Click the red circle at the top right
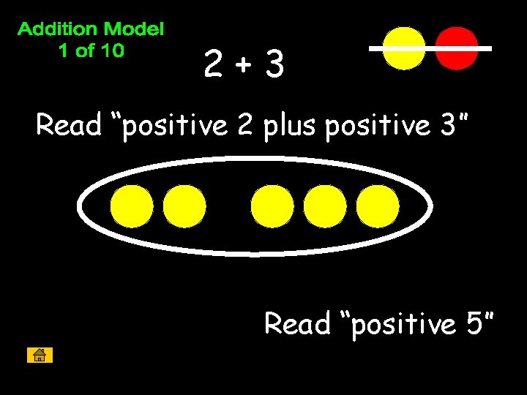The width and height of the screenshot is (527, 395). pyautogui.click(x=457, y=48)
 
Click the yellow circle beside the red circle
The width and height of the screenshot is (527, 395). pyautogui.click(x=404, y=48)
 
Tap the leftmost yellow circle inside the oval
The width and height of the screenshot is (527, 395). pyautogui.click(x=132, y=206)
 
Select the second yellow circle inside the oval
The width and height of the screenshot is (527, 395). pyautogui.click(x=184, y=206)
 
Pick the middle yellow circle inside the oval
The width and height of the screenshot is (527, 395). pyautogui.click(x=272, y=206)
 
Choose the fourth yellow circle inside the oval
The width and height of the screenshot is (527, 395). pyautogui.click(x=325, y=206)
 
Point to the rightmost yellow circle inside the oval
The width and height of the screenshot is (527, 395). pyautogui.click(x=378, y=206)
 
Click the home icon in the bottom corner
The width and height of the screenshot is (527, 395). pyautogui.click(x=40, y=355)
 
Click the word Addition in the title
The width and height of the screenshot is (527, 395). pyautogui.click(x=57, y=30)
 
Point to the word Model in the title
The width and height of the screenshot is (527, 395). pyautogui.click(x=134, y=30)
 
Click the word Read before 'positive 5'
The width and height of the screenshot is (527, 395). pyautogui.click(x=297, y=323)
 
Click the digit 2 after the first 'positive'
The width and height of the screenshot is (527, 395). pyautogui.click(x=244, y=126)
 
